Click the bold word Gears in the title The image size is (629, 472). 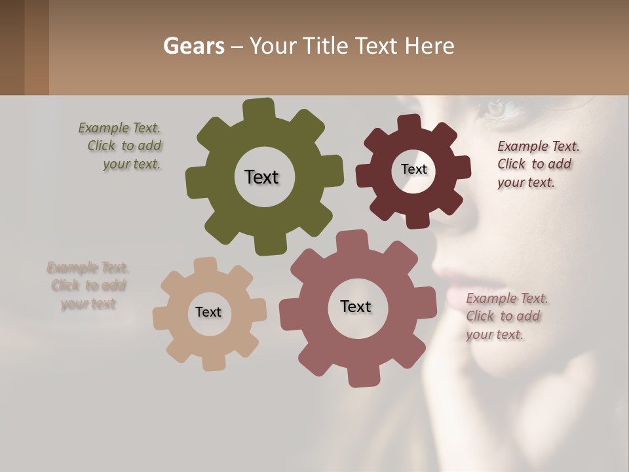point(193,46)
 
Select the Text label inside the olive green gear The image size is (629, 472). point(261,177)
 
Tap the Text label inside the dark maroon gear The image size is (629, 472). point(413,169)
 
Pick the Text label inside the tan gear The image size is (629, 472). point(208,312)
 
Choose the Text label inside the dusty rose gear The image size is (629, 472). point(356,306)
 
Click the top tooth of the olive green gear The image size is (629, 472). point(259,109)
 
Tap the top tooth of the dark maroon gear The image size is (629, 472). point(410,123)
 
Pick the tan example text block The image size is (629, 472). point(88,286)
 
